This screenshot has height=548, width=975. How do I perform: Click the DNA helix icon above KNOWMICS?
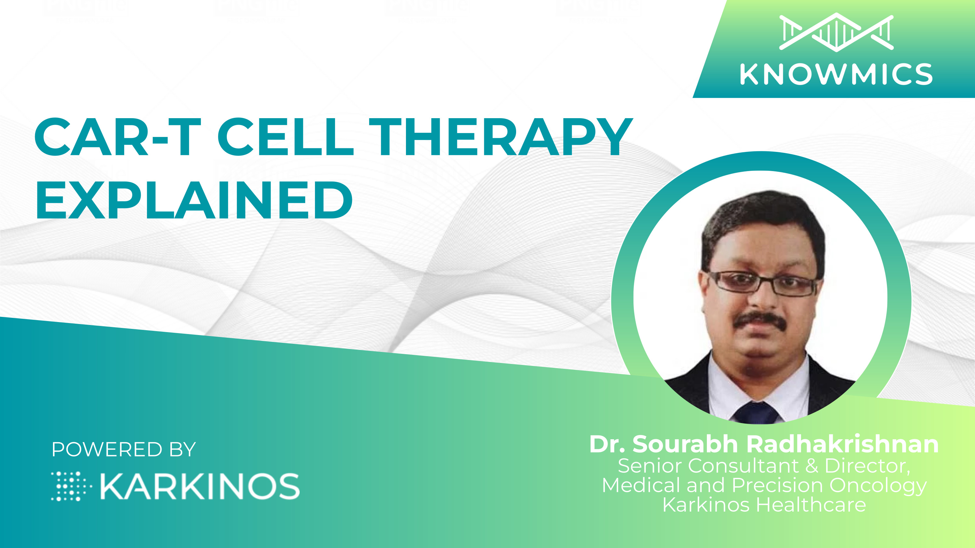(x=836, y=32)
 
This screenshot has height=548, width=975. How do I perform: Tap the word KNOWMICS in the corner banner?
(x=836, y=74)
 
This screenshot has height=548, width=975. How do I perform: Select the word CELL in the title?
(x=286, y=137)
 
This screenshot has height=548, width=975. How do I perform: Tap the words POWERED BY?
(x=124, y=449)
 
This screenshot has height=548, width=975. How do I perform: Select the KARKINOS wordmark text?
(x=200, y=486)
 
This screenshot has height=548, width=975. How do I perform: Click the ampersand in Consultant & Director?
(x=812, y=466)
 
